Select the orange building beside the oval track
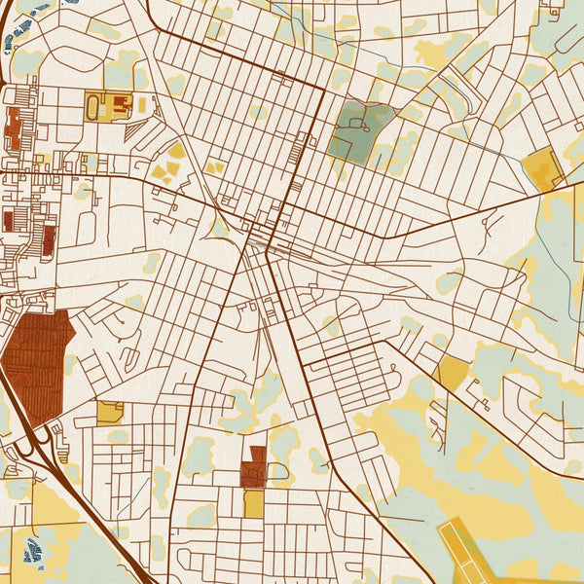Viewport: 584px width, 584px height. click(120, 104)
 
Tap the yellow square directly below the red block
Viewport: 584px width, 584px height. click(253, 503)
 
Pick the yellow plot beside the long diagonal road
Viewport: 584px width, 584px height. click(452, 373)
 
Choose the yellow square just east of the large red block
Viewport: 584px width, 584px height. click(110, 412)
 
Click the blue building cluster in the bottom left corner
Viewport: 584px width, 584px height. click(32, 553)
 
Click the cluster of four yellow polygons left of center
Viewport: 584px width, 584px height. click(167, 167)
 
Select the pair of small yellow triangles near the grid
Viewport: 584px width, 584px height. click(213, 167)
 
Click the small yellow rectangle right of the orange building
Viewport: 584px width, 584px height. click(141, 103)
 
